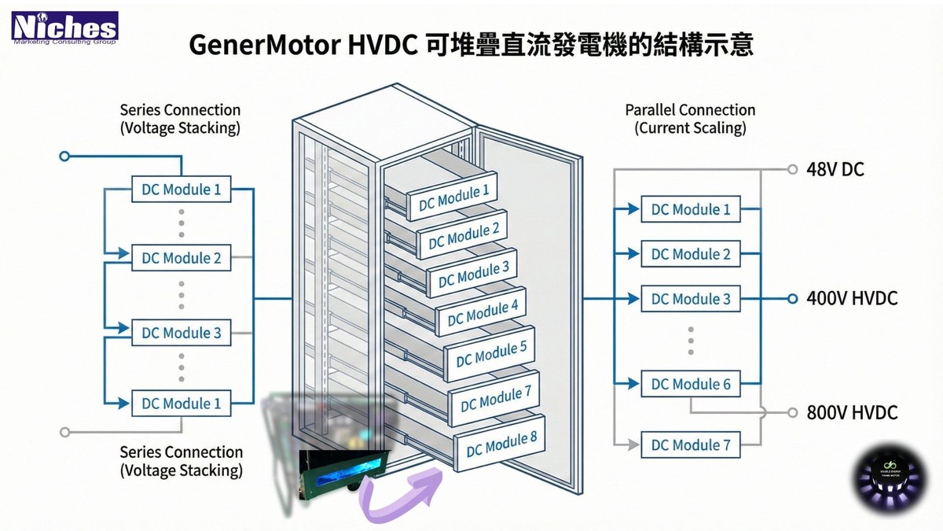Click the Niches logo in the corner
click(x=64, y=27)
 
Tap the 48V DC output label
click(x=835, y=169)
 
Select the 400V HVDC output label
click(x=851, y=299)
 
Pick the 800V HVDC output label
click(x=851, y=412)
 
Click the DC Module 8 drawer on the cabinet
click(x=497, y=445)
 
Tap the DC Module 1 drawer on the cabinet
click(x=453, y=196)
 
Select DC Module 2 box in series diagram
click(x=181, y=258)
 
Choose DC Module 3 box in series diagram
click(x=181, y=333)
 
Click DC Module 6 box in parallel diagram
click(x=691, y=384)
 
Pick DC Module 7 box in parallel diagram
click(x=691, y=445)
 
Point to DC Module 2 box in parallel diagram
click(x=691, y=254)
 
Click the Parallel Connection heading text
click(x=689, y=110)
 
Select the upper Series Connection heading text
click(x=180, y=110)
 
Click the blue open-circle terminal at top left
click(x=65, y=157)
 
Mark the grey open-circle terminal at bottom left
click(x=65, y=431)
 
